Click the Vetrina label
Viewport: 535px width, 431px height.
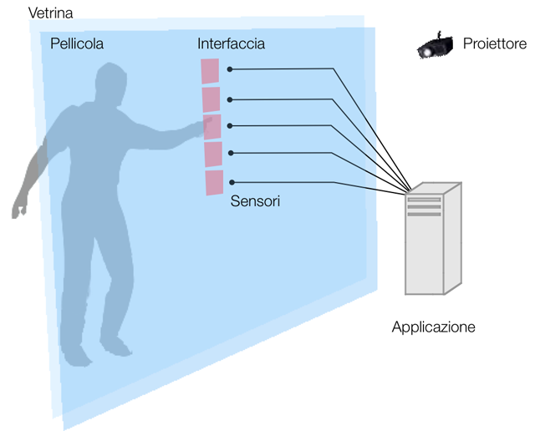pos(50,13)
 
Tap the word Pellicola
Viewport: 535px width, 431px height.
pos(77,43)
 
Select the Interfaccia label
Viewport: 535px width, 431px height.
pos(231,43)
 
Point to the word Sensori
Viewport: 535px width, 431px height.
pos(255,201)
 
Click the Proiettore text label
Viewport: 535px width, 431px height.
pos(495,43)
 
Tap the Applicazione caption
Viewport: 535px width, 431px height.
pos(433,327)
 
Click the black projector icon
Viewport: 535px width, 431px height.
pos(435,45)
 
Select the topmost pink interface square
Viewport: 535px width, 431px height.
pos(210,71)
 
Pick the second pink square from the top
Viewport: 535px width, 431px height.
pos(211,99)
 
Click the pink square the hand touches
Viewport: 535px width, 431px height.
pos(212,127)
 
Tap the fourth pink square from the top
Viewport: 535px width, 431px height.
pos(213,155)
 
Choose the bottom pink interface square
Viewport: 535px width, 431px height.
pos(215,183)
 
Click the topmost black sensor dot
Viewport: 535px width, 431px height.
pos(230,69)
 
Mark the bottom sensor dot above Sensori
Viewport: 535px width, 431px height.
pos(232,182)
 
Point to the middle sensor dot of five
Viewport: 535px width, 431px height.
pos(230,126)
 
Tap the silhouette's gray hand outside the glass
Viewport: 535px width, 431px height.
pos(19,209)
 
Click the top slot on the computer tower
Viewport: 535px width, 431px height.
pos(424,200)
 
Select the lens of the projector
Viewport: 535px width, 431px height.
pos(426,53)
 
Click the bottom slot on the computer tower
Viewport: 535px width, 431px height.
pos(424,214)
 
